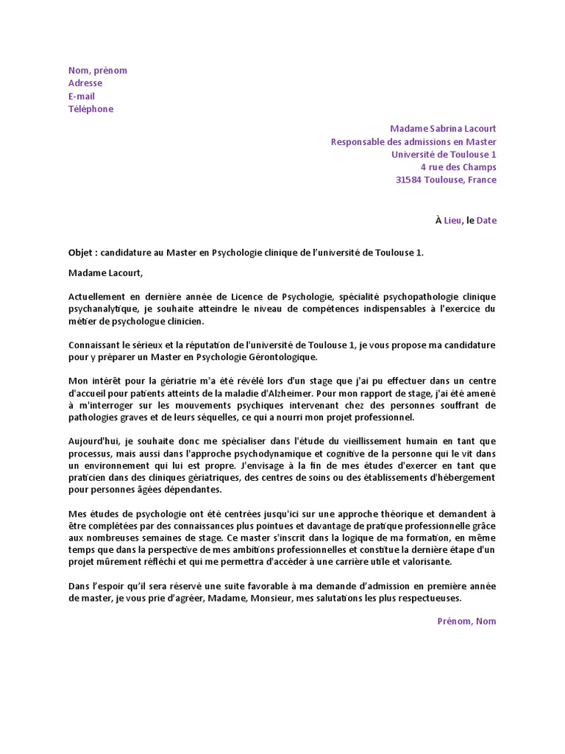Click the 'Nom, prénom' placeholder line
click(98, 71)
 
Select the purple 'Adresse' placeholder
click(85, 83)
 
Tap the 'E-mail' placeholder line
click(82, 96)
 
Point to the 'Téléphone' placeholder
click(91, 109)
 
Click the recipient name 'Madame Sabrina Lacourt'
click(443, 129)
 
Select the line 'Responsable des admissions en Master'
click(413, 141)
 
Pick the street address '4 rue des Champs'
click(458, 167)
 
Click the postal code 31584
click(410, 180)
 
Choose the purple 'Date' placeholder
click(486, 220)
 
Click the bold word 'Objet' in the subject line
click(82, 253)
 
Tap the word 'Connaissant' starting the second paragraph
click(96, 345)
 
